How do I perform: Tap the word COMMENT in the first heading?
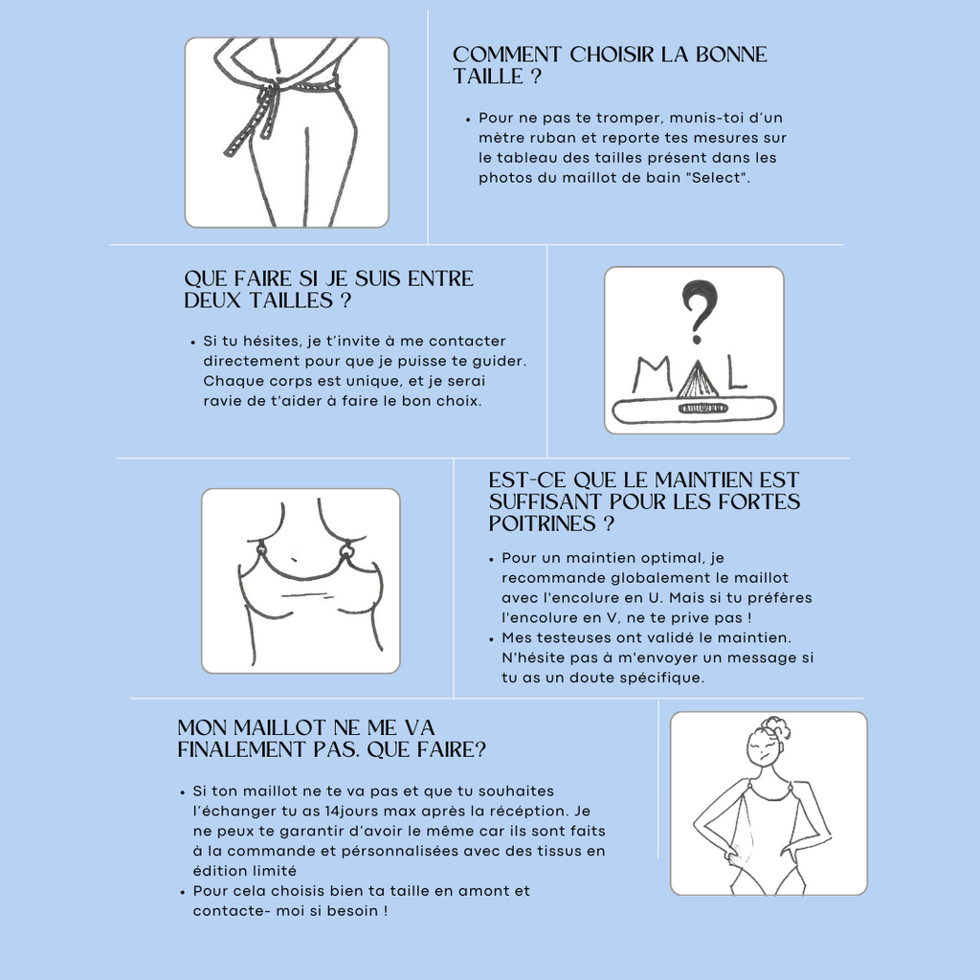507,55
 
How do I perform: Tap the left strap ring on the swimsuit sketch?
261,550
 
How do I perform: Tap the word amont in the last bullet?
482,891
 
